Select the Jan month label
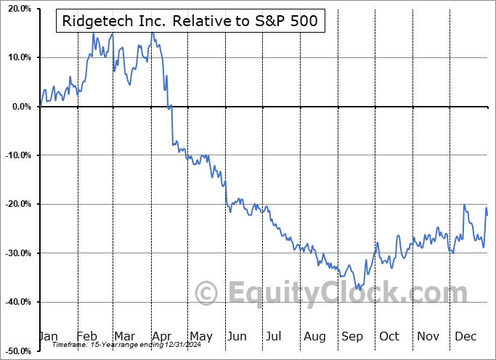coord(48,336)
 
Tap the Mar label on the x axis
coord(125,336)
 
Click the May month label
coord(200,336)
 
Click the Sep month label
coord(352,336)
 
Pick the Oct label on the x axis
coord(390,336)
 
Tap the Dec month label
coord(465,336)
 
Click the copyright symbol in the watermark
coord(207,294)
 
